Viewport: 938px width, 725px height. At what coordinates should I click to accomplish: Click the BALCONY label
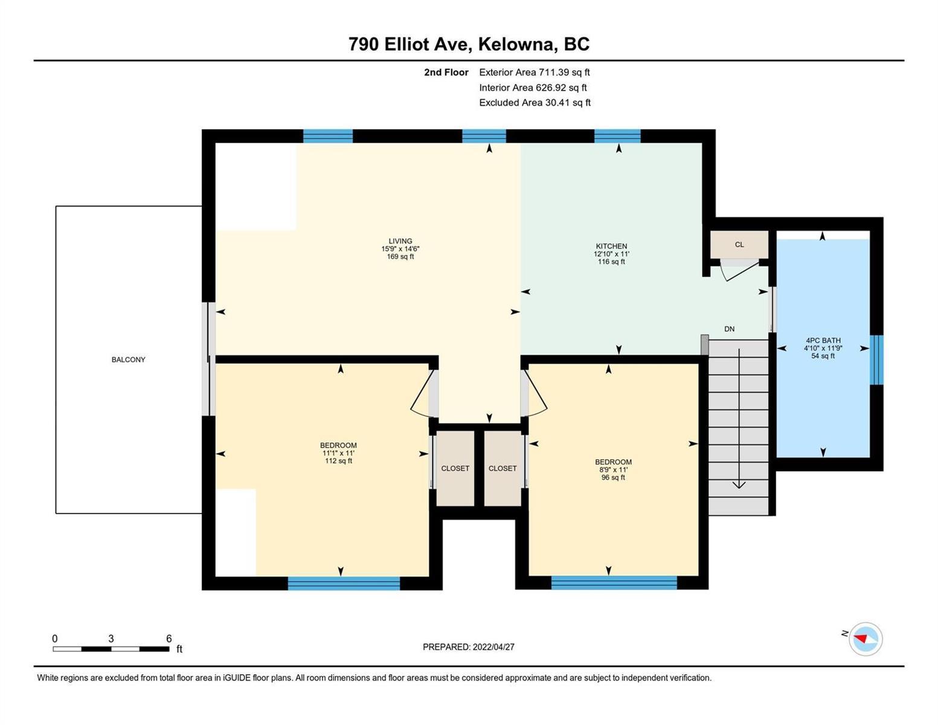[x=128, y=359]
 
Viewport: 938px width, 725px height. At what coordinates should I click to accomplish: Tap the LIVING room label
[x=400, y=241]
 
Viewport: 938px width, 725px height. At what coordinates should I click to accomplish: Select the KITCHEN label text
[x=611, y=246]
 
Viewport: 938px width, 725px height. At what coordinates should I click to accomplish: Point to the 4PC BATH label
[x=823, y=340]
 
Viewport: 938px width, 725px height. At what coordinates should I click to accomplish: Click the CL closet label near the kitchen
[x=739, y=245]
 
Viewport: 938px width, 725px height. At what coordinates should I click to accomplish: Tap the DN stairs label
[x=730, y=329]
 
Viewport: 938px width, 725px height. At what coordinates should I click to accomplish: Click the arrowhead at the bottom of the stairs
[x=739, y=485]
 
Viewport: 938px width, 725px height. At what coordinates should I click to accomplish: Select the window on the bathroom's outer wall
[x=876, y=359]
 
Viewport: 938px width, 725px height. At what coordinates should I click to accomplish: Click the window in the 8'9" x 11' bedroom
[x=614, y=582]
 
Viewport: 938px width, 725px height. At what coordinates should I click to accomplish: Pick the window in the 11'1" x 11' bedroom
[x=344, y=583]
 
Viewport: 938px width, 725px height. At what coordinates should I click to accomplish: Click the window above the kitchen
[x=617, y=136]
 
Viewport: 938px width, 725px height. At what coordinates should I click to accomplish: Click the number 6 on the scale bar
[x=169, y=639]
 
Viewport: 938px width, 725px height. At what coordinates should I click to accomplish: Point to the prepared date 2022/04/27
[x=493, y=647]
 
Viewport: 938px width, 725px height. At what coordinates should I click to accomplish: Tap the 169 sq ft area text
[x=400, y=257]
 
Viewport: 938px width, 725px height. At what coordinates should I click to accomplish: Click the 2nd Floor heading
[x=446, y=72]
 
